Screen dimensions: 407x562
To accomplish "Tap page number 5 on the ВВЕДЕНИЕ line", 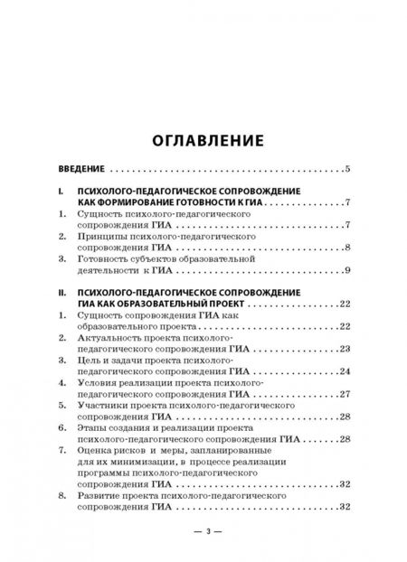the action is click(347, 169).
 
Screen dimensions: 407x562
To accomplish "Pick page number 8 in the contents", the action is click(347, 247).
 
